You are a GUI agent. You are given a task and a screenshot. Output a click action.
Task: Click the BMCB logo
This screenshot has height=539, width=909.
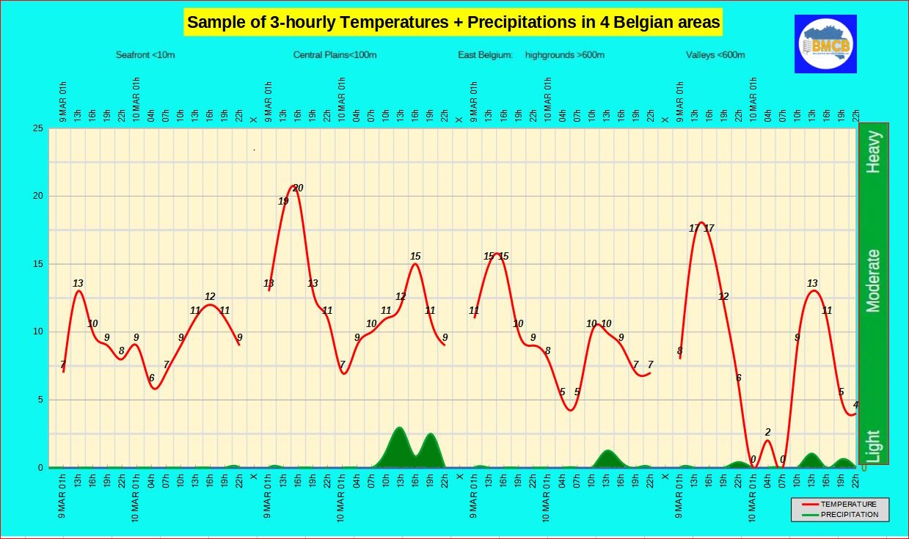(x=825, y=43)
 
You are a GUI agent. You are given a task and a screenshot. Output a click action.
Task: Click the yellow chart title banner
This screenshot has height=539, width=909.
(x=453, y=22)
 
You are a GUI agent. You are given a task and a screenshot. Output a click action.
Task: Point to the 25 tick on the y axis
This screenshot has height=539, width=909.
(x=38, y=128)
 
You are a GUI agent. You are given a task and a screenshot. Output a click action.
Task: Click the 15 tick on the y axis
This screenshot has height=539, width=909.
(x=38, y=264)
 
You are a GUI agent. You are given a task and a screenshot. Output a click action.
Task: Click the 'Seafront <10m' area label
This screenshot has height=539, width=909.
(x=145, y=55)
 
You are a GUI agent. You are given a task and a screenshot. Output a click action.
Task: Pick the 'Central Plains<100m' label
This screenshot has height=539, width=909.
(x=335, y=55)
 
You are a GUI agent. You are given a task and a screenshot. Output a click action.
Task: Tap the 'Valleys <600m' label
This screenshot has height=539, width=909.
(x=715, y=55)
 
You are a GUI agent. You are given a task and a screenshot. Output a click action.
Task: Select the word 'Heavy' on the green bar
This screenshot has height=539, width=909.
(x=873, y=152)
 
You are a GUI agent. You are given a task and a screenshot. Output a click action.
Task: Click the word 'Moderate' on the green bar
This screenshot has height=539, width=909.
(x=873, y=281)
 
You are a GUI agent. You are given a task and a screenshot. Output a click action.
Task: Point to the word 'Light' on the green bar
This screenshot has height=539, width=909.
(x=873, y=446)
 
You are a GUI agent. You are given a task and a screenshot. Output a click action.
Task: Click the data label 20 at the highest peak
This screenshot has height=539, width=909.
(x=298, y=188)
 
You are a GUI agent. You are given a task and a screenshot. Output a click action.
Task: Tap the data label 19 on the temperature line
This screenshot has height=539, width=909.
(x=283, y=201)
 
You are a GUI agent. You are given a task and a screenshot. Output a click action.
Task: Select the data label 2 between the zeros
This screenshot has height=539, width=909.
(x=767, y=432)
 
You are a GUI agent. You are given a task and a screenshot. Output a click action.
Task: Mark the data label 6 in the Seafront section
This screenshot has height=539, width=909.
(x=151, y=378)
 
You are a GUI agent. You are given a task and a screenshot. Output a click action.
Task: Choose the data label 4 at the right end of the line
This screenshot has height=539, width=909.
(x=855, y=405)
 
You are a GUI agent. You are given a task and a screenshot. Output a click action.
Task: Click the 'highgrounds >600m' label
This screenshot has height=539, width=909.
(x=565, y=55)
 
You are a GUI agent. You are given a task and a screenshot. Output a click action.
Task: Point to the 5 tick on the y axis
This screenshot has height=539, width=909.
(x=41, y=400)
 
